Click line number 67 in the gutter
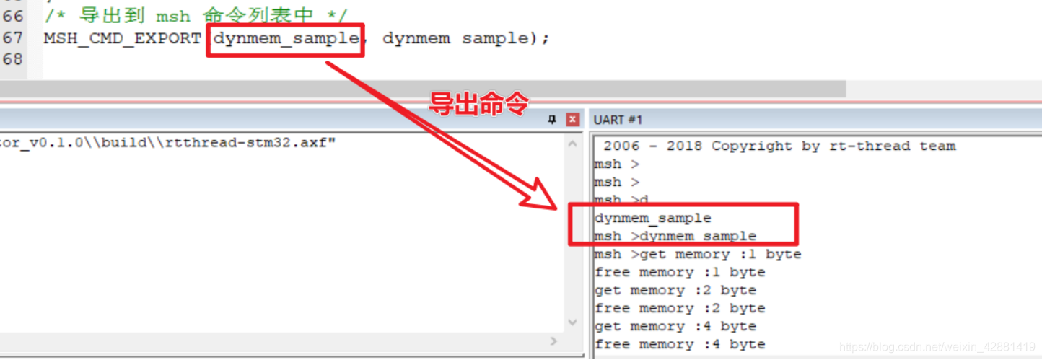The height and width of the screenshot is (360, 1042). click(13, 38)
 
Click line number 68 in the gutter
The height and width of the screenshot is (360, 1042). click(13, 59)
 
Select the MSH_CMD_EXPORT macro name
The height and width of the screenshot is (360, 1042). click(122, 38)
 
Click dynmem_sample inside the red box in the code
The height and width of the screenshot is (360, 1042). click(286, 38)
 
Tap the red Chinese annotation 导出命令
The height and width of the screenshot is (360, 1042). click(479, 104)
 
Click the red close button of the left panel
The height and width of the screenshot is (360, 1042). click(572, 120)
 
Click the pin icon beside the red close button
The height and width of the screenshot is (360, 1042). click(552, 120)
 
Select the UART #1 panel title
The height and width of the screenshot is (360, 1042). click(618, 120)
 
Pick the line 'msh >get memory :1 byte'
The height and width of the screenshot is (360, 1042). click(697, 255)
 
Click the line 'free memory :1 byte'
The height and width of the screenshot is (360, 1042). click(680, 273)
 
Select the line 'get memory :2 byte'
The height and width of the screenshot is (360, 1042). click(675, 291)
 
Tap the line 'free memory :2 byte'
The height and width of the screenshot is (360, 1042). click(680, 309)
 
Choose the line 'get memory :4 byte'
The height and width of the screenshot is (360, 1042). click(675, 327)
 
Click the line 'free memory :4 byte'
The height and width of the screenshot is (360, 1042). click(680, 345)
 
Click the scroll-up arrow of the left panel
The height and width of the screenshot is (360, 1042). click(573, 144)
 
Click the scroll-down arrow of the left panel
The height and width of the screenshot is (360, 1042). click(573, 322)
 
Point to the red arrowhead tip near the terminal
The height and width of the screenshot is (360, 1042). click(558, 208)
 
